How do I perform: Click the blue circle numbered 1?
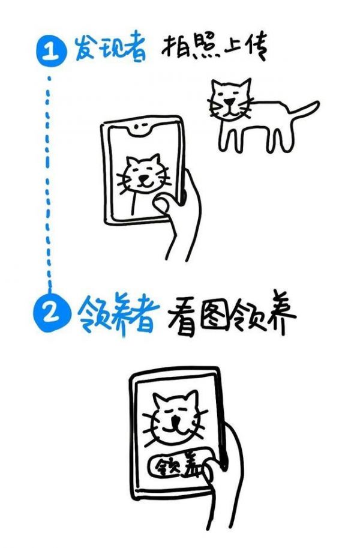click(x=52, y=52)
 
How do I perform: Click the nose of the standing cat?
click(x=230, y=101)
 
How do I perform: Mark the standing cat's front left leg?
click(x=226, y=138)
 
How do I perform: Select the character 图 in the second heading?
click(x=214, y=316)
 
